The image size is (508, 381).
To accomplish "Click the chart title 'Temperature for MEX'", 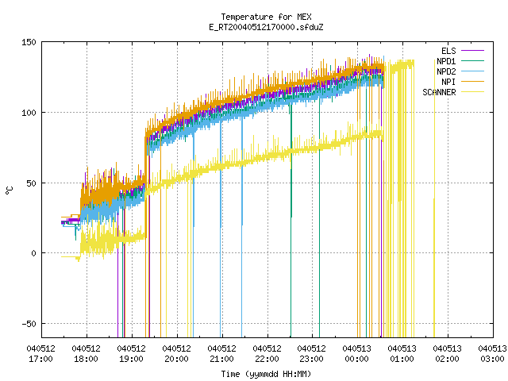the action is pyautogui.click(x=266, y=17).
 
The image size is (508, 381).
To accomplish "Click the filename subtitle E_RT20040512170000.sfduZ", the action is pyautogui.click(x=266, y=27).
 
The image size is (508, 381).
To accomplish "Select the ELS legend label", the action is pyautogui.click(x=448, y=51).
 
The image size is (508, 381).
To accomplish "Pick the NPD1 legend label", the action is pyautogui.click(x=446, y=61).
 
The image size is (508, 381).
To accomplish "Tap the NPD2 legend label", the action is pyautogui.click(x=446, y=71).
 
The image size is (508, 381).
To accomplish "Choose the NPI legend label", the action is pyautogui.click(x=448, y=82).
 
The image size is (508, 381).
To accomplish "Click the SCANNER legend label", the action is pyautogui.click(x=439, y=92).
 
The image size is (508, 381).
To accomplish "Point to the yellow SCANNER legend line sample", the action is pyautogui.click(x=472, y=92).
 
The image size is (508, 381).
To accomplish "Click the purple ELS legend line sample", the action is pyautogui.click(x=472, y=51).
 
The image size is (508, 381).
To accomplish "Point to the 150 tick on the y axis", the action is pyautogui.click(x=29, y=42).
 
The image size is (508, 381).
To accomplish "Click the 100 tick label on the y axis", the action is pyautogui.click(x=29, y=113).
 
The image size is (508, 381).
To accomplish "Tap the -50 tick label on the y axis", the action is pyautogui.click(x=29, y=324).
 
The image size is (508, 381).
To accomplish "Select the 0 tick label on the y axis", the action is pyautogui.click(x=33, y=253).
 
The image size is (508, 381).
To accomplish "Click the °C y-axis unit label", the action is pyautogui.click(x=9, y=190).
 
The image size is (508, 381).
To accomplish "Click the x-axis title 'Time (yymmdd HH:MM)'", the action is pyautogui.click(x=266, y=374).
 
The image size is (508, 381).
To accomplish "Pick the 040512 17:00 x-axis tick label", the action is pyautogui.click(x=40, y=354).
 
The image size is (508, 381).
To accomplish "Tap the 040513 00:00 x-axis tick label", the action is pyautogui.click(x=356, y=354).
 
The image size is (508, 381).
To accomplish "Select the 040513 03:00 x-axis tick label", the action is pyautogui.click(x=492, y=354).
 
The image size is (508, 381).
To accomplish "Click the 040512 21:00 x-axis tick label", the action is pyautogui.click(x=221, y=354).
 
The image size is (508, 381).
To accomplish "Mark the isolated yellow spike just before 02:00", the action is pyautogui.click(x=434, y=267).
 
